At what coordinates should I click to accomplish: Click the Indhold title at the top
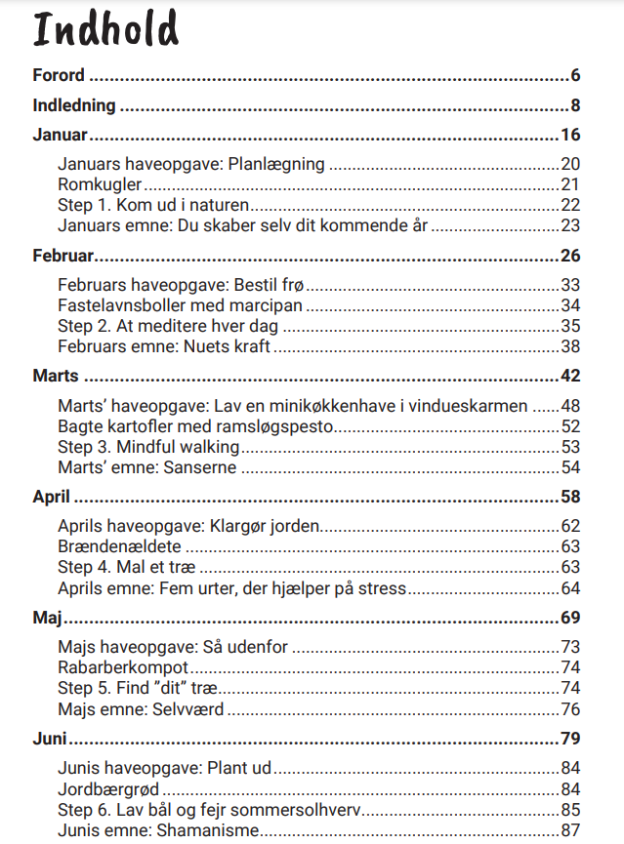point(106,31)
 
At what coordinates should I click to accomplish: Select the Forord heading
point(59,75)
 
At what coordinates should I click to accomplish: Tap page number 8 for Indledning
point(576,105)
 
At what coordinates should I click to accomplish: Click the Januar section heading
point(61,135)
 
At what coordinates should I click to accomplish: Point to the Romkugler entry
point(100,184)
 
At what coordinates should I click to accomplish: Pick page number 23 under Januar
point(570,225)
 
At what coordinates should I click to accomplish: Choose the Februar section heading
point(63,256)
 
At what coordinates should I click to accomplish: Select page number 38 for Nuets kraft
point(570,346)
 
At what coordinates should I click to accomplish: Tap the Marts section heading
point(56,377)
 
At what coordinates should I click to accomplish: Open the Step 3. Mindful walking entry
point(148,447)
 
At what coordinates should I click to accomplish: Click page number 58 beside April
point(571,497)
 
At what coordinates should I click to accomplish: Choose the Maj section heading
point(48,618)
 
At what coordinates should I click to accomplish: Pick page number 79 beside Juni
point(571,738)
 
